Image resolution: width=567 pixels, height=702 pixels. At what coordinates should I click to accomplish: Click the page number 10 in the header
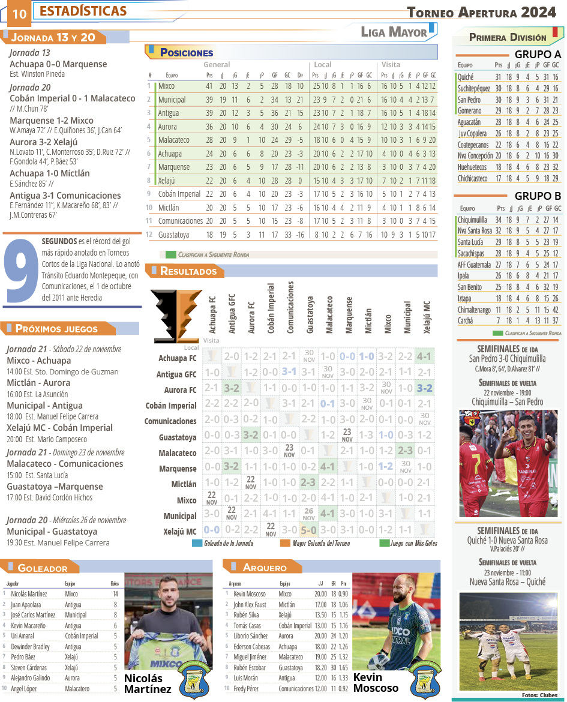[x=19, y=13]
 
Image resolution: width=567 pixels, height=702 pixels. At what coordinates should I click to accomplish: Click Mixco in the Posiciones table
[x=167, y=86]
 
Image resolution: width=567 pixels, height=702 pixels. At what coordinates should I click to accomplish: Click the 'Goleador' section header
[x=42, y=568]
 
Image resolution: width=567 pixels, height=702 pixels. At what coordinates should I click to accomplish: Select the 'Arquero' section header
[x=265, y=567]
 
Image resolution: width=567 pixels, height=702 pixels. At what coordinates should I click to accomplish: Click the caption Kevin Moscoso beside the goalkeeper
[x=376, y=682]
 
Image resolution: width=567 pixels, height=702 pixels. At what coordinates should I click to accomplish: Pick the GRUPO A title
[x=538, y=55]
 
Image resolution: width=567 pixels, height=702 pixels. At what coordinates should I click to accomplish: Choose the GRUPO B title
[x=538, y=196]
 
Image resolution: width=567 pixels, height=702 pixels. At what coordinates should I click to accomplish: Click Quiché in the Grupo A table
[x=466, y=77]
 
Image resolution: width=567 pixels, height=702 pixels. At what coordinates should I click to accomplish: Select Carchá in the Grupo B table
[x=465, y=320]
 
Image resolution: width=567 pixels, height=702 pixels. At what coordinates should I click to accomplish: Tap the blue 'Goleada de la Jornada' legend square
[x=197, y=544]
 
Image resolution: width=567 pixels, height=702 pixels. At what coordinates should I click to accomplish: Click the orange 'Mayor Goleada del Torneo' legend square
[x=285, y=544]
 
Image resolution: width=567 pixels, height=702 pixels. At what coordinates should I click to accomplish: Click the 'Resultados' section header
[x=188, y=271]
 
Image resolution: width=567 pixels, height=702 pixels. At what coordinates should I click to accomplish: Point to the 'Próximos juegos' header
[x=56, y=328]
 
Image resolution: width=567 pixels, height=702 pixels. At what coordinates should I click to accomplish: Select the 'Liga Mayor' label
[x=394, y=32]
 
